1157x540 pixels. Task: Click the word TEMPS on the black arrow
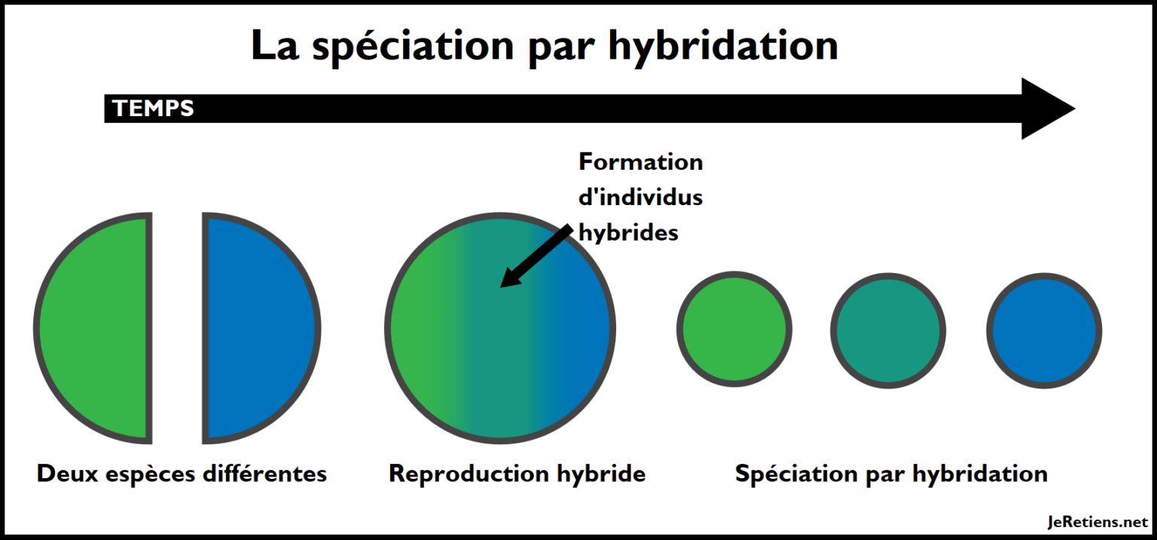[153, 109]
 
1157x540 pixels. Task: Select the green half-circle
[93, 328]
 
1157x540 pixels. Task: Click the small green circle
[734, 329]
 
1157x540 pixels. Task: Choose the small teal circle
[888, 330]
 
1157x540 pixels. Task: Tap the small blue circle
[1045, 330]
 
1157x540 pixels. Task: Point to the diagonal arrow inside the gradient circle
[536, 256]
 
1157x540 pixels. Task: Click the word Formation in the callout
[640, 162]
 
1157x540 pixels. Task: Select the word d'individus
[640, 197]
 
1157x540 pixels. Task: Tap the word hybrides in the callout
[628, 233]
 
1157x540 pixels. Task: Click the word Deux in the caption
[67, 474]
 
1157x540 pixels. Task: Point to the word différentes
[265, 474]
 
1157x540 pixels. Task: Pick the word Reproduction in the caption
[469, 474]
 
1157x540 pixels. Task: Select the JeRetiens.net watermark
[1097, 522]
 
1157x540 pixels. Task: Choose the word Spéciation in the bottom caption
[796, 474]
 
